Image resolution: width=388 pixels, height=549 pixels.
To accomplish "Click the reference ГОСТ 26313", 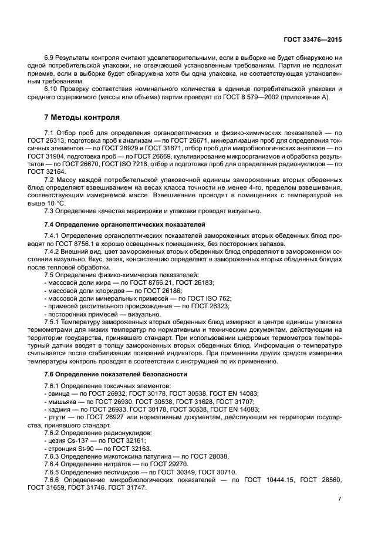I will [61, 142].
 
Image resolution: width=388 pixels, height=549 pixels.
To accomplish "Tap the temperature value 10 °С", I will [56, 203].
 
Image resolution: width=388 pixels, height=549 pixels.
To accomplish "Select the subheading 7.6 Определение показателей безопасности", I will [116, 374].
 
